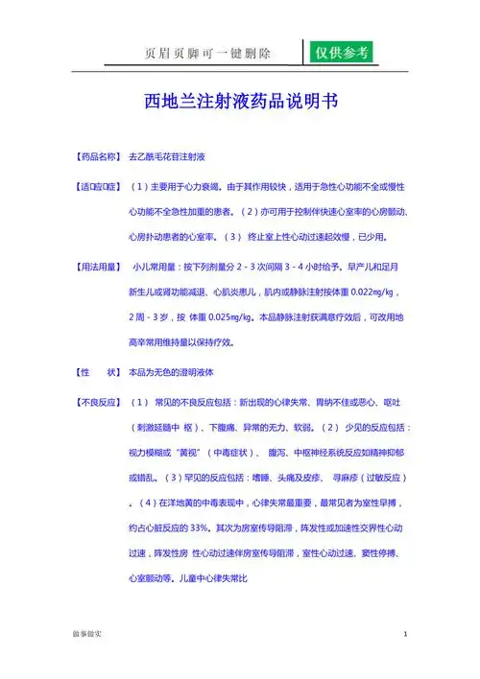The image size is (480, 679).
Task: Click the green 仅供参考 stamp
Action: pos(343,53)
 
